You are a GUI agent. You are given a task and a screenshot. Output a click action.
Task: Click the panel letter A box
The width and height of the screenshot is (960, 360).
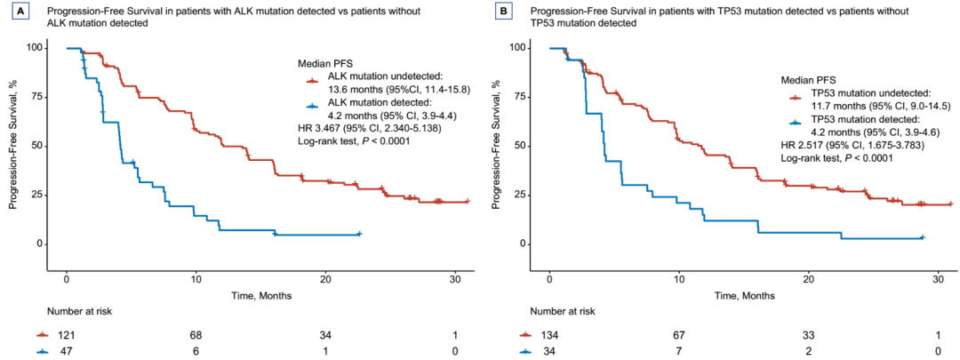[x=15, y=12]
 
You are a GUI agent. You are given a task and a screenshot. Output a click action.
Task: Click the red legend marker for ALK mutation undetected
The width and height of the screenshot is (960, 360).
[x=312, y=81]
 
